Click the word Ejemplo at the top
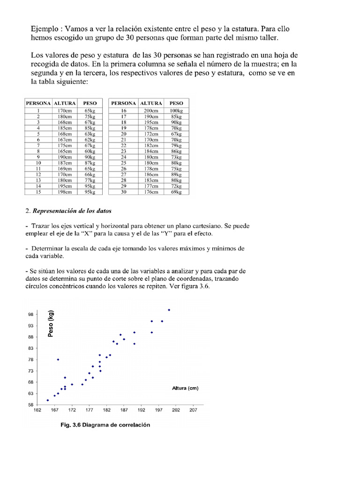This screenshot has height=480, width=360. (x=45, y=27)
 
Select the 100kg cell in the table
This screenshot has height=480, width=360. (x=176, y=110)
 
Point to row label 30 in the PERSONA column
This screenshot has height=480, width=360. (x=124, y=192)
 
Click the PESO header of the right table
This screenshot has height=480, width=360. (x=176, y=103)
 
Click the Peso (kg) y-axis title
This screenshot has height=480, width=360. (x=51, y=324)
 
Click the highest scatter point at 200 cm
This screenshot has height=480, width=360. (x=169, y=310)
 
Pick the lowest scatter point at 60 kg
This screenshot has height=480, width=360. (x=48, y=400)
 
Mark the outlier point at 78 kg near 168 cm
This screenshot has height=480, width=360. (x=58, y=360)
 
